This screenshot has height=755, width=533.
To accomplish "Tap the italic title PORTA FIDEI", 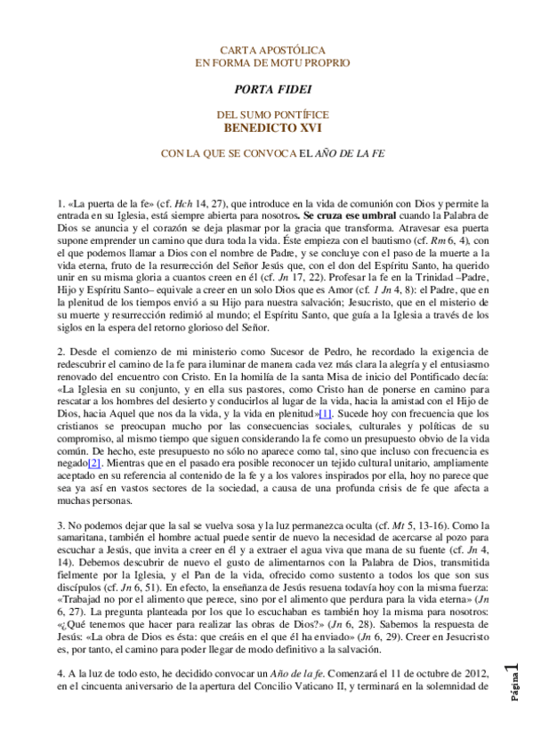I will [272, 89].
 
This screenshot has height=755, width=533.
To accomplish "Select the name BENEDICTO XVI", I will [272, 127].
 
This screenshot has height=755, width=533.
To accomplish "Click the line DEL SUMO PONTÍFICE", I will [272, 115].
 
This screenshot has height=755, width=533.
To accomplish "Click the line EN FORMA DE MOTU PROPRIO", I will [272, 62].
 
